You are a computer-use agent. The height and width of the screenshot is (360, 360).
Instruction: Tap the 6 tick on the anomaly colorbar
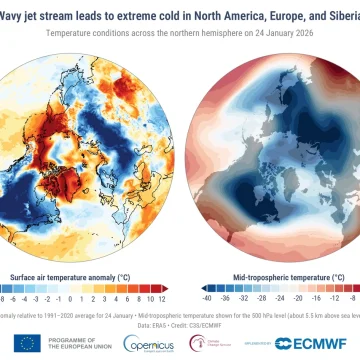pyautogui.click(x=110, y=270)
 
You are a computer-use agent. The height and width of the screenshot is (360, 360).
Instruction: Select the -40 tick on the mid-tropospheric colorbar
pyautogui.click(x=206, y=270)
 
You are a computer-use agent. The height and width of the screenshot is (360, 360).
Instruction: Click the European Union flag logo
pyautogui.click(x=28, y=343)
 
